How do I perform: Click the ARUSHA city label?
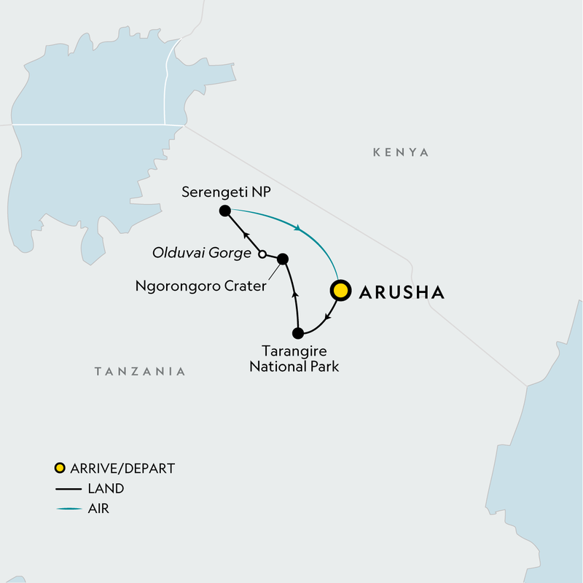tap(401, 292)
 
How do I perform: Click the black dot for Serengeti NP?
tap(224, 211)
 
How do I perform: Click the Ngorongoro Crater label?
tap(200, 286)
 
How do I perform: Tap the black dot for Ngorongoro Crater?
tap(283, 259)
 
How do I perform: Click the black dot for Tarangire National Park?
tap(297, 334)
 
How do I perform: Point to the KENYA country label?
tap(401, 152)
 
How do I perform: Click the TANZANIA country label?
tap(140, 372)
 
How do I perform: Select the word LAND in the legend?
tap(106, 488)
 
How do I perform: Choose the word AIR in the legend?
tap(99, 509)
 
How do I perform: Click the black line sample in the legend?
tap(68, 488)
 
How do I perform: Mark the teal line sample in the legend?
tap(68, 509)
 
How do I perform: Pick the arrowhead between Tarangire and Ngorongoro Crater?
tap(295, 295)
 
